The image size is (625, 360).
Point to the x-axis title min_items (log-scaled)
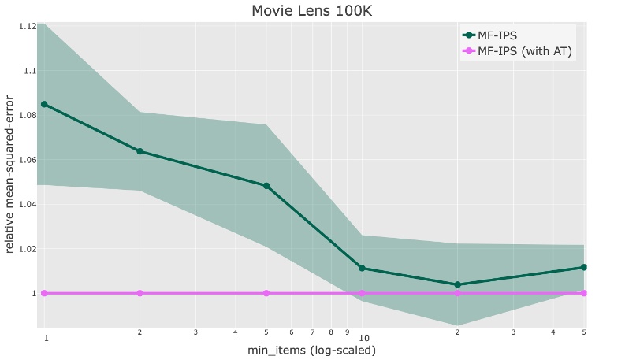313,350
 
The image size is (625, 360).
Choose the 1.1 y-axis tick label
30,71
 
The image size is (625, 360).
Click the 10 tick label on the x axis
364,338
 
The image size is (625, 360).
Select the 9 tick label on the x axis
347,333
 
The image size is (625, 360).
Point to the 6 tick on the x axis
292,333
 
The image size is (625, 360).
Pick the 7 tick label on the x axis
312,333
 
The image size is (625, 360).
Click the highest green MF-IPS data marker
44,104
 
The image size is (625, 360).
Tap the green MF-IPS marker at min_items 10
362,268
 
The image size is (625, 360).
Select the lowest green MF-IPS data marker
458,284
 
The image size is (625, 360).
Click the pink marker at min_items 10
362,293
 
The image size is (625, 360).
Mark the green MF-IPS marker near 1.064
140,151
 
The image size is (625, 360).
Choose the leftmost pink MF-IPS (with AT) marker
44,293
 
